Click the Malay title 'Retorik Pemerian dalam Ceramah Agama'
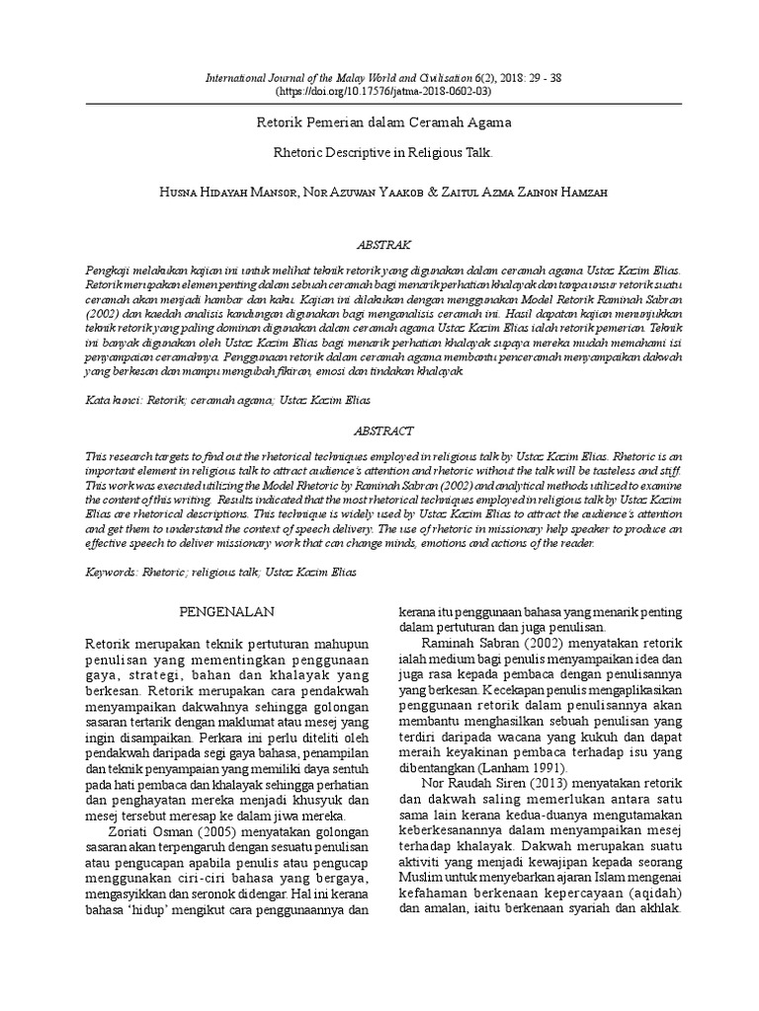click(x=379, y=123)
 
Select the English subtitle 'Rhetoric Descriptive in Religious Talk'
click(x=379, y=154)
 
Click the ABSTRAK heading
click(x=379, y=243)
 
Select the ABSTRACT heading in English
click(x=379, y=431)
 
